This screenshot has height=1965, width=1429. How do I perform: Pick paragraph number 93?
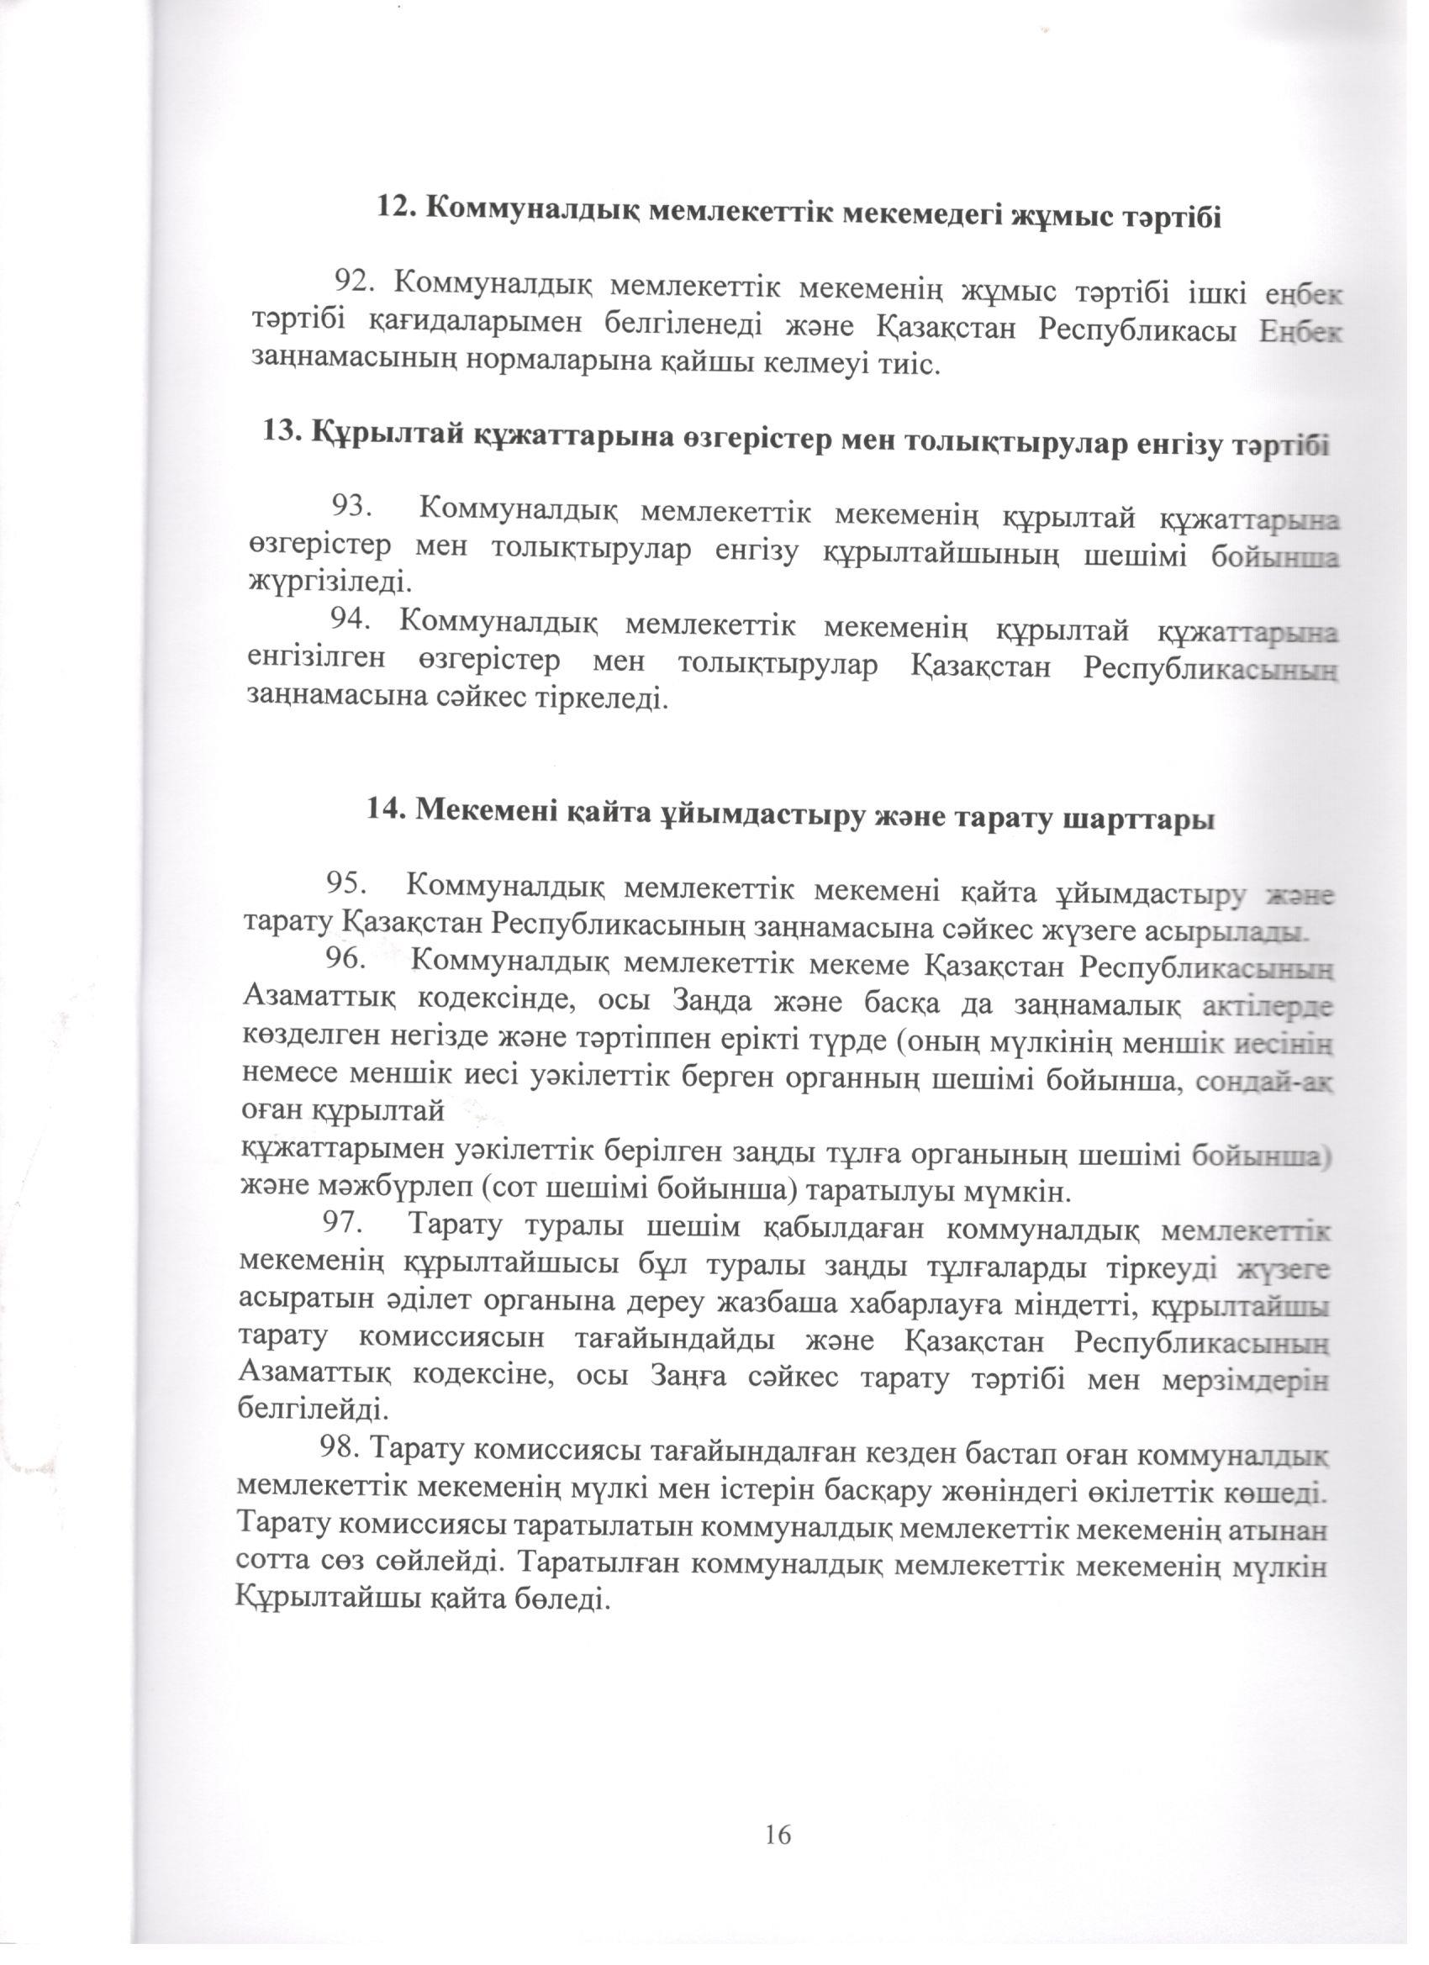pos(349,508)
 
